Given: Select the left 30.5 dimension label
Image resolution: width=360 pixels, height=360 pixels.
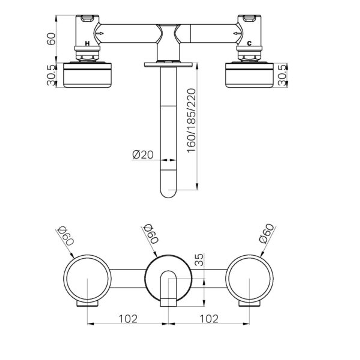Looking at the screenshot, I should click(51, 75).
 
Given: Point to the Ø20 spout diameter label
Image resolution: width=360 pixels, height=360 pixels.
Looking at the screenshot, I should click(143, 155).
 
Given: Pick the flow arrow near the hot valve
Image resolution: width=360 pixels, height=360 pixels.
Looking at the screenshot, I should click(100, 33).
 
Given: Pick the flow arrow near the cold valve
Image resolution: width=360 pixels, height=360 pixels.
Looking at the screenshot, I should click(237, 33).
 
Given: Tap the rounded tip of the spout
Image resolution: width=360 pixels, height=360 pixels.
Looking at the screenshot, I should click(168, 193).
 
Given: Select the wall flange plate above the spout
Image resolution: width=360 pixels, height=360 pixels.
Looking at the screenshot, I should click(168, 64).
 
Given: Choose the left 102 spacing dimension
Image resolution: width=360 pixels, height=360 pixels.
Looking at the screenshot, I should click(128, 319).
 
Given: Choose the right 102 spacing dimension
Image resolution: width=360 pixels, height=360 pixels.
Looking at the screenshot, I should click(209, 319).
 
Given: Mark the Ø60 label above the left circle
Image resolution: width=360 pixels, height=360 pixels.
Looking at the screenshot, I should click(65, 236).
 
